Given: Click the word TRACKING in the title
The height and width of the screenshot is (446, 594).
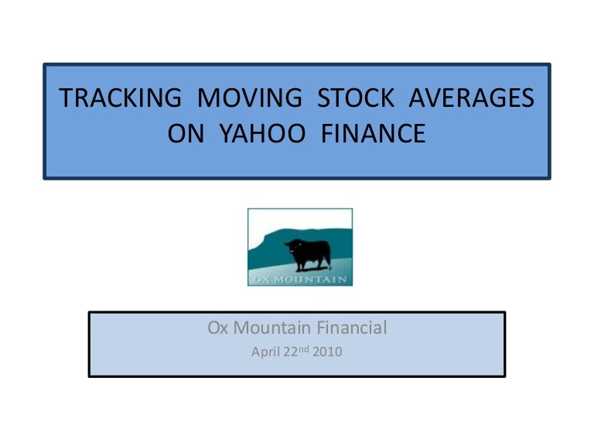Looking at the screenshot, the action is point(121,98).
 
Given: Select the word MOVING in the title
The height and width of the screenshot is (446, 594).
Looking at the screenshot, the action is point(250,98).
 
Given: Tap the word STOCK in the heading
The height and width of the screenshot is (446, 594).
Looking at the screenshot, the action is point(356,98).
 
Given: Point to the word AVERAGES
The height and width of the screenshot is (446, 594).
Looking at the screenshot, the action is point(472,98).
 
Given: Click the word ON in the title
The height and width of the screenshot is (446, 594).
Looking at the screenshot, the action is point(186,133).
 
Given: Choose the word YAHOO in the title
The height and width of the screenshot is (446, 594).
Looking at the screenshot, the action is point(262,133).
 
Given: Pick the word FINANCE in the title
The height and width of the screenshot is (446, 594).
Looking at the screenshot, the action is point(373,133).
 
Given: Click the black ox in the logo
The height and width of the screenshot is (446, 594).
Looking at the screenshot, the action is point(309,255).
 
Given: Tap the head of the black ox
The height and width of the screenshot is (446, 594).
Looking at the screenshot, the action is point(292,246).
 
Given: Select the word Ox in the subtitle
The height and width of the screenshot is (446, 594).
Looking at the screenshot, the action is point(218,328).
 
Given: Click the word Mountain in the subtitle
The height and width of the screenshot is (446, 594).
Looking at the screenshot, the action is point(272,328).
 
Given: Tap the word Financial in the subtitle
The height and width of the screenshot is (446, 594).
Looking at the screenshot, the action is point(352,328).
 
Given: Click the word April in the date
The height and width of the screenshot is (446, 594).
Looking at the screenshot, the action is point(265,352).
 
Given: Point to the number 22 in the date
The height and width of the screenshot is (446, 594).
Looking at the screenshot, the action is point(291,352).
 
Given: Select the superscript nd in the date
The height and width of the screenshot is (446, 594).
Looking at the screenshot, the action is point(303,349).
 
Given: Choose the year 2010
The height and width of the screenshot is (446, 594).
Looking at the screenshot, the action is point(327,352).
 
